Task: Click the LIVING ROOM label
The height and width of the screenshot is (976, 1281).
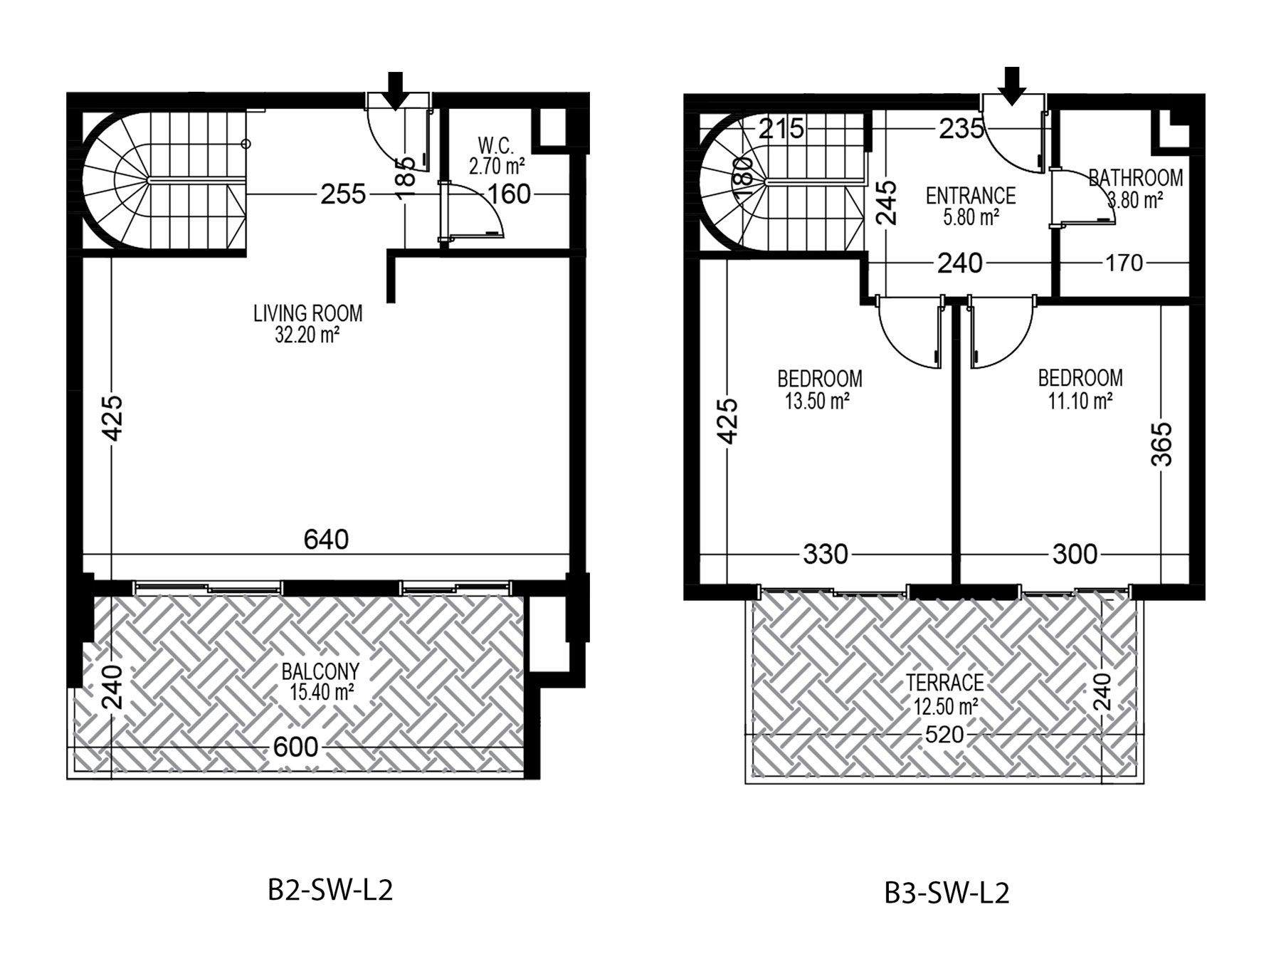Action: [x=308, y=313]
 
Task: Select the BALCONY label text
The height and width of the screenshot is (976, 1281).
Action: [x=321, y=671]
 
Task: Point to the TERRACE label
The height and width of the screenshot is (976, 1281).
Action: [x=945, y=683]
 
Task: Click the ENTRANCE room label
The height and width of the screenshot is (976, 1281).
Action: [x=971, y=195]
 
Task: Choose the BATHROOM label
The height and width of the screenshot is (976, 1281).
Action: [x=1136, y=177]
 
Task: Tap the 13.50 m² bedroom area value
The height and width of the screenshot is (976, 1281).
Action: [x=818, y=402]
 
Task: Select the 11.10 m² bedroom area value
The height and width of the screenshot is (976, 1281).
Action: [x=1080, y=402]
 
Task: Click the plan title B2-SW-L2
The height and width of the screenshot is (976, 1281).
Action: [x=330, y=891]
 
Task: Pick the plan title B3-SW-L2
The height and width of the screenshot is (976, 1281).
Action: [x=947, y=893]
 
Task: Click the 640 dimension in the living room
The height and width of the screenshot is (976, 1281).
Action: [x=326, y=540]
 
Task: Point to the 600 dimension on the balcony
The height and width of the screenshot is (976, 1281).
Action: [x=296, y=747]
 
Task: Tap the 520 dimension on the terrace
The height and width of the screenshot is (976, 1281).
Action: [x=944, y=735]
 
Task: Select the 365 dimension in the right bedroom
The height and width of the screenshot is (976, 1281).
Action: [x=1161, y=444]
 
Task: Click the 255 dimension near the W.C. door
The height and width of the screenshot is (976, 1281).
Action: [x=343, y=194]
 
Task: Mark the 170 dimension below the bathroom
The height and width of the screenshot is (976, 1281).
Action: [x=1124, y=263]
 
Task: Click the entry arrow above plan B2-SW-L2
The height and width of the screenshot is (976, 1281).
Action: [x=396, y=90]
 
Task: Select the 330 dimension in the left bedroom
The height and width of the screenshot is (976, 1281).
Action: [x=826, y=553]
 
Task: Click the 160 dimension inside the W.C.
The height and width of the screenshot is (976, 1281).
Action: [x=510, y=194]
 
